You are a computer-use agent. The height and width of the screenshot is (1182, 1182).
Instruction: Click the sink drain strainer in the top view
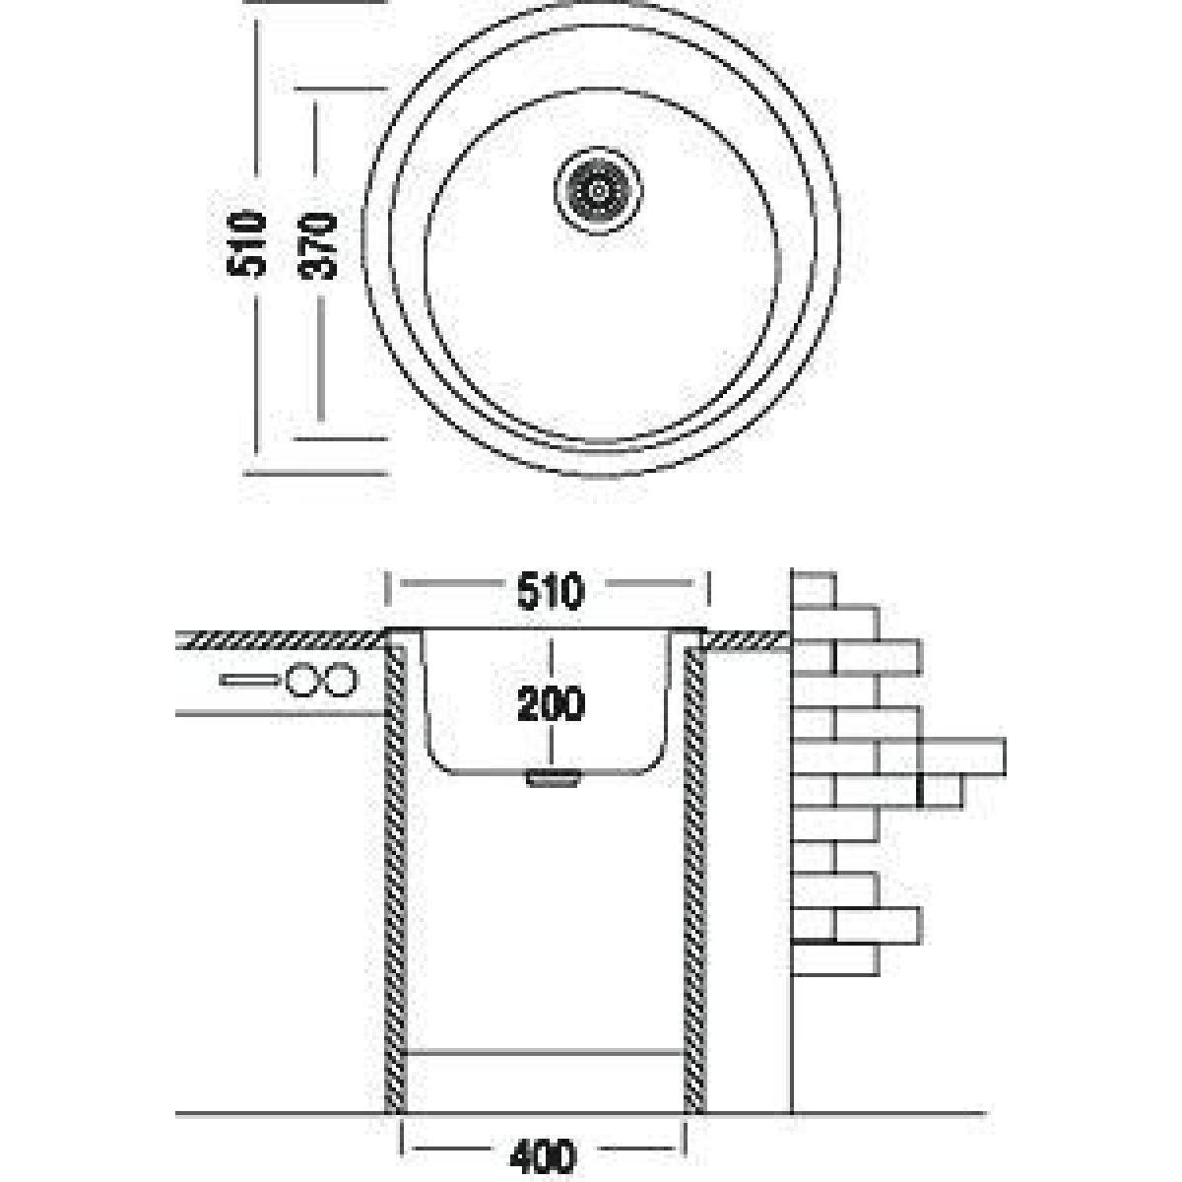[598, 190]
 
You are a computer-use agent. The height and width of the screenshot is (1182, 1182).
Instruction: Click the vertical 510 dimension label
[246, 243]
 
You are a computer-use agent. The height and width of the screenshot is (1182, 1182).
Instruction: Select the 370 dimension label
[318, 246]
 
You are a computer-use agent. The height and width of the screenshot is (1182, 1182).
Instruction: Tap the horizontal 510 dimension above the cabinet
[550, 591]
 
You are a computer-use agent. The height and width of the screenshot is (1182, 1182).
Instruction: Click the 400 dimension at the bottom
[543, 1156]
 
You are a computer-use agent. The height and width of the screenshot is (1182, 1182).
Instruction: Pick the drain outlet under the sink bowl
[553, 778]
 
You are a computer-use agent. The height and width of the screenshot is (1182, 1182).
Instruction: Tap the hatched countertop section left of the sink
[281, 639]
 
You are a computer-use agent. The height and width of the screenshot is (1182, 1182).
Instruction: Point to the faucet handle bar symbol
[250, 681]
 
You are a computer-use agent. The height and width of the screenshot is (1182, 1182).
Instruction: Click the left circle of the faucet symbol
[300, 681]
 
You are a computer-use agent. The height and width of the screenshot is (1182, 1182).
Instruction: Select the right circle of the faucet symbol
[340, 681]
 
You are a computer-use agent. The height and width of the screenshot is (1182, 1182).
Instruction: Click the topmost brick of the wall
[814, 589]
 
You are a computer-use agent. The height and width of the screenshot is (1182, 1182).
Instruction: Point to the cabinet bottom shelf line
[546, 1051]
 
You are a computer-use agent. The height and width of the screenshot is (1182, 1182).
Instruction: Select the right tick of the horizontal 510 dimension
[709, 589]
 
